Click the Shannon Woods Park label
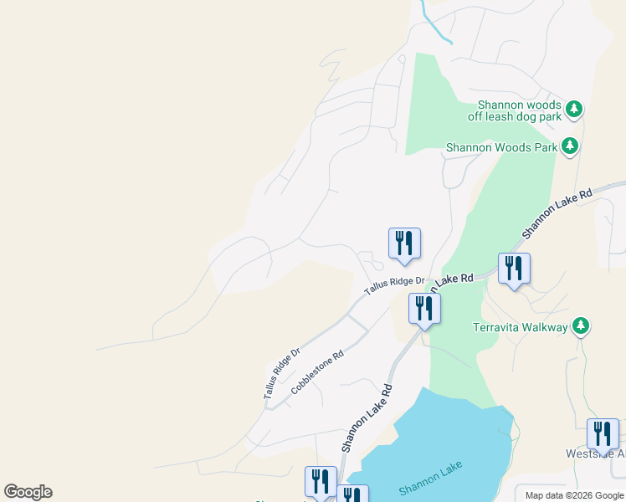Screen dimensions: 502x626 (x=501, y=147)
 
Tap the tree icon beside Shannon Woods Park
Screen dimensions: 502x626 (x=570, y=146)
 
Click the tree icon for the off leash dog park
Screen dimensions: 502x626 (x=574, y=109)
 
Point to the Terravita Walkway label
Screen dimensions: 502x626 (x=521, y=326)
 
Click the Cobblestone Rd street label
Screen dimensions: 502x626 (x=317, y=373)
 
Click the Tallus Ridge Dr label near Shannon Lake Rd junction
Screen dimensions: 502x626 (x=394, y=287)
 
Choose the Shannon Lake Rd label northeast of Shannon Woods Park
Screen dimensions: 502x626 (x=557, y=213)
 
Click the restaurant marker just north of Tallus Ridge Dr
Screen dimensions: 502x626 (x=404, y=243)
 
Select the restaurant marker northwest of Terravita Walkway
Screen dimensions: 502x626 (x=514, y=269)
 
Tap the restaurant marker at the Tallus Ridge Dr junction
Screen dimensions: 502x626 (x=424, y=308)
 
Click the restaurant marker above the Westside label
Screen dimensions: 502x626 (x=603, y=434)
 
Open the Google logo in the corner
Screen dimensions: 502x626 (x=28, y=492)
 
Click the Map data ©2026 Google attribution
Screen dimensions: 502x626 (x=573, y=495)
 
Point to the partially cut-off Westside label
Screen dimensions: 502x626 (x=595, y=454)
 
